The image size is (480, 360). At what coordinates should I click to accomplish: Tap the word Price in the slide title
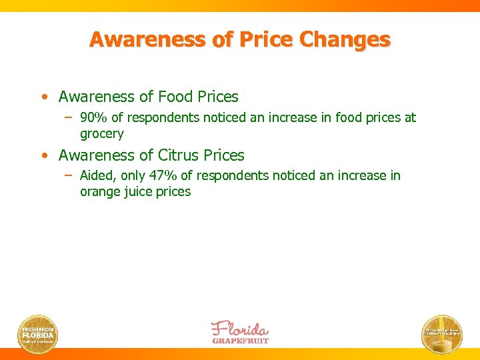click(271, 40)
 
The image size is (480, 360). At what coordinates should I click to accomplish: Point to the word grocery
click(102, 134)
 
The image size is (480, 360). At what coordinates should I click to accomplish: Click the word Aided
click(95, 175)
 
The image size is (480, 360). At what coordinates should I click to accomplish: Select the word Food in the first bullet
click(175, 97)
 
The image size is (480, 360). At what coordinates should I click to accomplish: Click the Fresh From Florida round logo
click(38, 333)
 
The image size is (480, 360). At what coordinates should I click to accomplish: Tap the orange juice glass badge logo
click(441, 333)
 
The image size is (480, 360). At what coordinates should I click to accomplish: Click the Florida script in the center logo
click(239, 329)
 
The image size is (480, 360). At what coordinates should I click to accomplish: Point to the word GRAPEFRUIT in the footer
click(240, 340)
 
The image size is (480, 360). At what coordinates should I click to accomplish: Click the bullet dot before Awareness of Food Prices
click(44, 97)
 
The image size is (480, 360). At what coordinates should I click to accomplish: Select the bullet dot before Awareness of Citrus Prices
click(44, 155)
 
